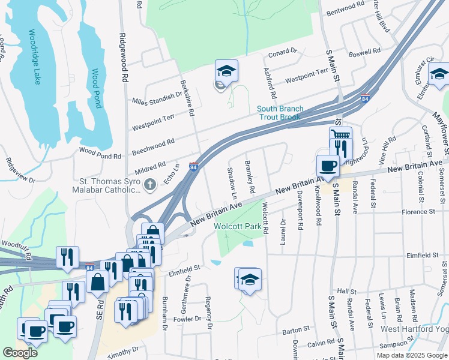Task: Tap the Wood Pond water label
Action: (x=96, y=88)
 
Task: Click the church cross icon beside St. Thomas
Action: (x=151, y=185)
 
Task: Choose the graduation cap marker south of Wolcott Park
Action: (x=250, y=279)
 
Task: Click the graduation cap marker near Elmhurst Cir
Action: (x=439, y=74)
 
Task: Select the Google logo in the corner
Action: (x=20, y=352)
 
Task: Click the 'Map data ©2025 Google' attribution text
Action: (x=412, y=355)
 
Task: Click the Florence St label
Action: (x=418, y=212)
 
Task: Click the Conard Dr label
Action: (x=282, y=52)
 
